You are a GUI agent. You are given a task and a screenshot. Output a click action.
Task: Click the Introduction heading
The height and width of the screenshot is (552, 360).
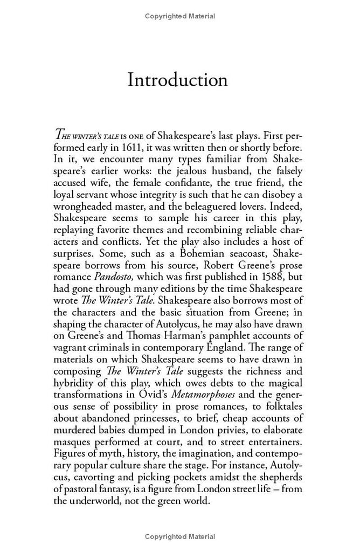click(177, 79)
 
